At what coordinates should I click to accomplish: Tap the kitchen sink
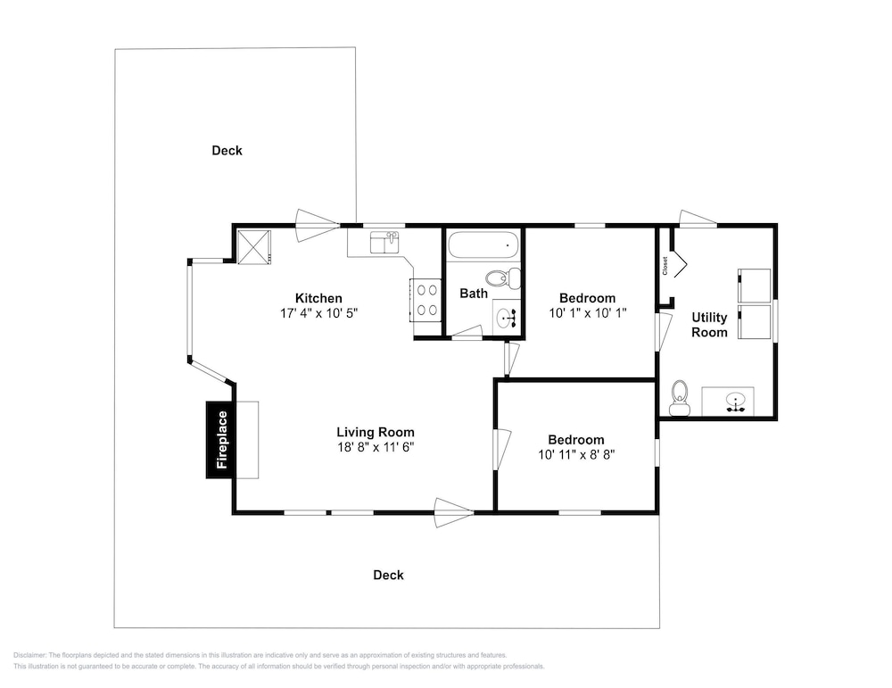(384, 243)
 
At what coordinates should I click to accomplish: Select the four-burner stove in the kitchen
(426, 300)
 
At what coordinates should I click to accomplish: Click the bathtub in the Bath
(483, 245)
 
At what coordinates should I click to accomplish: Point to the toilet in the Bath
(503, 278)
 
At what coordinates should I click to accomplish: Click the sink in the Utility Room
(736, 402)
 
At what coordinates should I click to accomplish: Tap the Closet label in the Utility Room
(665, 266)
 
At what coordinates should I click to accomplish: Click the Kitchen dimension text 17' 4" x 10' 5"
(318, 313)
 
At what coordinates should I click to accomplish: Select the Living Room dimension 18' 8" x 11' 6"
(376, 447)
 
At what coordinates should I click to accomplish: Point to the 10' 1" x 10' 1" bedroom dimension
(588, 313)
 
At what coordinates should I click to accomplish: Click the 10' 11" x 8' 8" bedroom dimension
(576, 455)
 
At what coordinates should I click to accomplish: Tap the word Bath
(474, 294)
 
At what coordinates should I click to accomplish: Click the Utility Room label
(709, 325)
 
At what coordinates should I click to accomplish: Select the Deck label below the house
(389, 576)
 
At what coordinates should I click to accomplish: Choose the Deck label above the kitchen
(227, 151)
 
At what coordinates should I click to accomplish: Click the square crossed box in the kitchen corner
(253, 246)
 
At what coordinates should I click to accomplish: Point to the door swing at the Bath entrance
(467, 332)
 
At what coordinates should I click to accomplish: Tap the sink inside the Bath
(505, 319)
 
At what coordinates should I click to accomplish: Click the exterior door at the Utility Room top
(698, 219)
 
